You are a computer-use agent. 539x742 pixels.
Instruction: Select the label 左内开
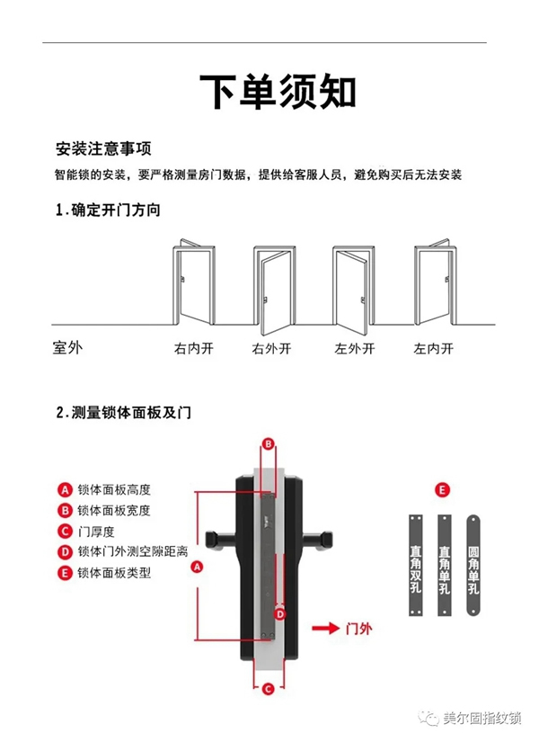(x=433, y=349)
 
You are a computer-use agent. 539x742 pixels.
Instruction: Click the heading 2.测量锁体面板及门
(x=123, y=413)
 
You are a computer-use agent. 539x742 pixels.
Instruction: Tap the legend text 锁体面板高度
(x=113, y=490)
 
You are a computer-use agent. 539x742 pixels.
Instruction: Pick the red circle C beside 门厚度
(x=65, y=531)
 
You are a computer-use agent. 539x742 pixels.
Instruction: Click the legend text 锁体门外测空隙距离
(x=132, y=551)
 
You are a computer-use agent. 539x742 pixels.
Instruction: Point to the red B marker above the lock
(x=267, y=443)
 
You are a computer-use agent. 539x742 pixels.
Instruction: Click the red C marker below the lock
(x=267, y=690)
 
